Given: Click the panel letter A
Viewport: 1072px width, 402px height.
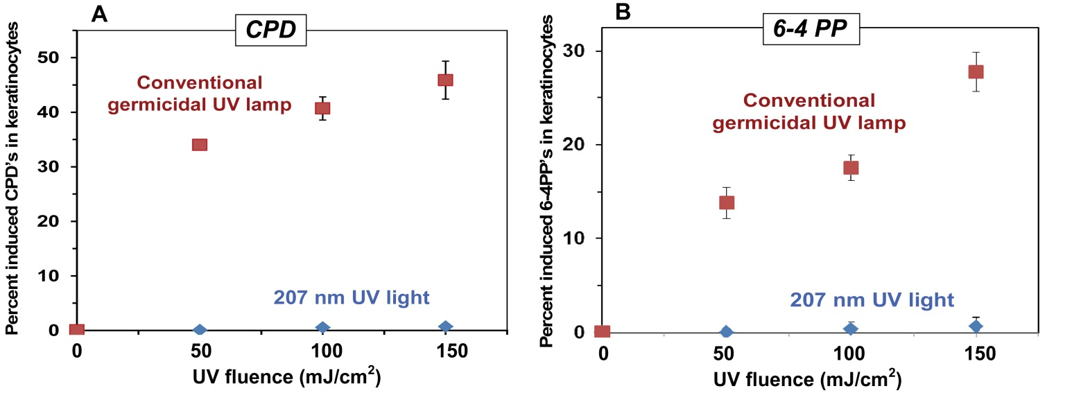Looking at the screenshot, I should (100, 15).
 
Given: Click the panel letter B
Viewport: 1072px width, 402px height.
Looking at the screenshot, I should (622, 13).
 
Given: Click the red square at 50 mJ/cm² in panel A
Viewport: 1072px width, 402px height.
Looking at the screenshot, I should (200, 145).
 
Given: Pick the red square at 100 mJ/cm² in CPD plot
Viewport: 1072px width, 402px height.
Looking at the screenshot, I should (322, 108).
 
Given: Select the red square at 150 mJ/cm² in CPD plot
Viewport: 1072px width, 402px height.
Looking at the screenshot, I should (445, 80).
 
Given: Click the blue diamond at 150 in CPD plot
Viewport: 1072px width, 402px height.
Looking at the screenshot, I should (445, 326).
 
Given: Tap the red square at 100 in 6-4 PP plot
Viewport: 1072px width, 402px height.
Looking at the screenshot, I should (851, 168).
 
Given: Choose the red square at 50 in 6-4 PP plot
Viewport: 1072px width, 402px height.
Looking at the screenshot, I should (727, 202).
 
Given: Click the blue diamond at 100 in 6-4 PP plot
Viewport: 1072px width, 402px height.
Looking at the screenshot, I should (851, 329).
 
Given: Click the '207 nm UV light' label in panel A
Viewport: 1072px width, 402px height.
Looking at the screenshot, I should (352, 299).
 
